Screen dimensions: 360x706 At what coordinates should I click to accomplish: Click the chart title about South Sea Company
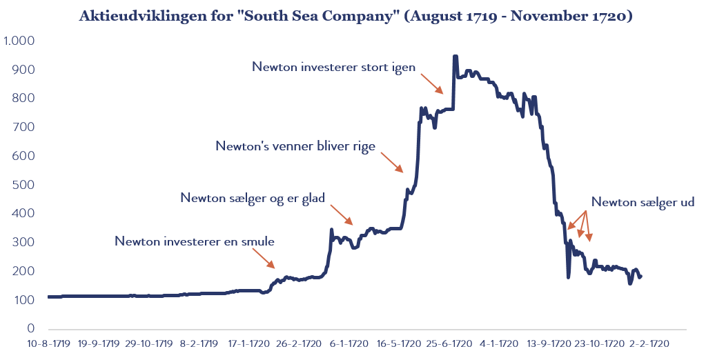pos(355,16)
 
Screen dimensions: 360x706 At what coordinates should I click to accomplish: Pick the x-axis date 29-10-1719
pos(150,343)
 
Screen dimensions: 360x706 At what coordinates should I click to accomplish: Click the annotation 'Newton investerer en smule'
pos(195,242)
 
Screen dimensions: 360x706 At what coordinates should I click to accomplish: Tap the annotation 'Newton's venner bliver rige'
pos(295,146)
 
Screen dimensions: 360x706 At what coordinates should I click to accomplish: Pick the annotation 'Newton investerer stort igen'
pos(334,67)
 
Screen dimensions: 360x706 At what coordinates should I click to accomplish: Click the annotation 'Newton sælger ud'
pos(643,203)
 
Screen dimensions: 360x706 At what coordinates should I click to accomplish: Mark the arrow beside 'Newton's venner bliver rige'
pos(392,161)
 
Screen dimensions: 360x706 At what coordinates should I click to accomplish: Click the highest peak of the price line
pos(455,57)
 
